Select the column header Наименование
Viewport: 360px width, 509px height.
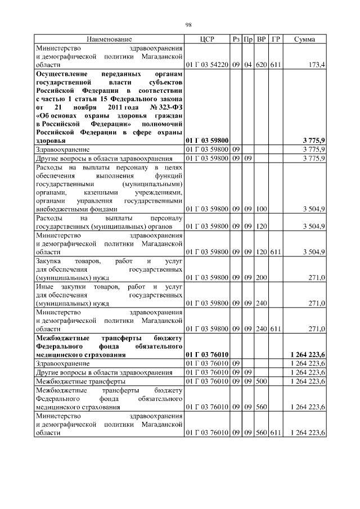(109, 39)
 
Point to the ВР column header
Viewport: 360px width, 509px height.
(261, 39)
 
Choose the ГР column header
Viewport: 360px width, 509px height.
(276, 39)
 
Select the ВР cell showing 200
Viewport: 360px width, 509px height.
(261, 278)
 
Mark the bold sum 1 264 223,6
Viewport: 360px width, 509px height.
(307, 355)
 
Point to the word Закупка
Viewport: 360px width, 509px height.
(49, 262)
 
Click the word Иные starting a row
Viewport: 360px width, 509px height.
(44, 287)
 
